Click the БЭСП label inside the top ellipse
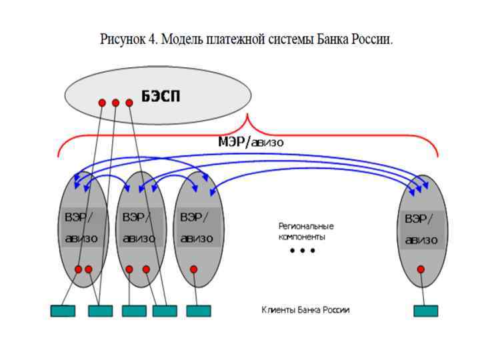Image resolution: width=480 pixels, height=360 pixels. point(161,97)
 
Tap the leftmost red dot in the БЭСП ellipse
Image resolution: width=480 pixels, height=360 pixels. point(102,103)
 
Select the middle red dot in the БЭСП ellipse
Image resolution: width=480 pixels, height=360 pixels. point(115,103)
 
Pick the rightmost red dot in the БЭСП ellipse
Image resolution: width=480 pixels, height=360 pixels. point(129,103)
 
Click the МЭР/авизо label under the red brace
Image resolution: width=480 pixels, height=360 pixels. point(251,141)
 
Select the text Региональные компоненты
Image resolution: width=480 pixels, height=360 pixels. point(306,231)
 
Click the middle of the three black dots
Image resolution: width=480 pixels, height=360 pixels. point(302,251)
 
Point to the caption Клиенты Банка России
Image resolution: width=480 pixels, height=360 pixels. point(306,310)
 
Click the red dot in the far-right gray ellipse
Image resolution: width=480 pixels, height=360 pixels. point(421,269)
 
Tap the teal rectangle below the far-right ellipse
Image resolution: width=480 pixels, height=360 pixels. point(426,311)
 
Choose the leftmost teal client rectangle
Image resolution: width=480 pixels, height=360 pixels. point(63,311)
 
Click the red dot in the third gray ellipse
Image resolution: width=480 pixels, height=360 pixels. point(193,269)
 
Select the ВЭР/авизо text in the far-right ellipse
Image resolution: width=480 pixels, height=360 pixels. point(420,229)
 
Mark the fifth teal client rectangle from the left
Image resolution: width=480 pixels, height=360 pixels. point(199,311)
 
